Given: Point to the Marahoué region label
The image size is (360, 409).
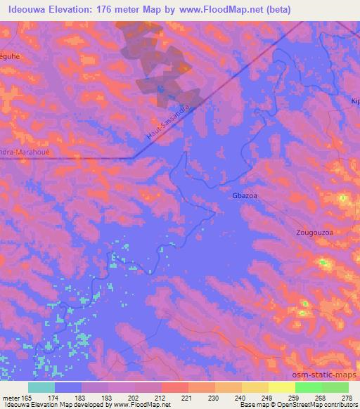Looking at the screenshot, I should (x=22, y=151).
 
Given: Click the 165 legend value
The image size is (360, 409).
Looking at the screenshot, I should (x=23, y=398).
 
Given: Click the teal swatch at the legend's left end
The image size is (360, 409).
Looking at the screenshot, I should (x=41, y=387).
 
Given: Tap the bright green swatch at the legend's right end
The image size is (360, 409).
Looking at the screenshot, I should (x=335, y=387).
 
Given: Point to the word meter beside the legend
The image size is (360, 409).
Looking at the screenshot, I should (x=8, y=398).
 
